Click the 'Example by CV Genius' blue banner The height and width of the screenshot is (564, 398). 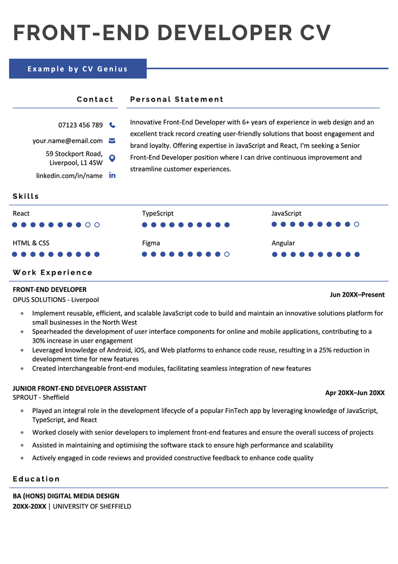click(77, 69)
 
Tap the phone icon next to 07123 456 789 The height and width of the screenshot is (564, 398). click(112, 125)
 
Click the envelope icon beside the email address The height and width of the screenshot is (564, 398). click(112, 141)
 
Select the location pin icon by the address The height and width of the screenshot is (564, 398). click(112, 158)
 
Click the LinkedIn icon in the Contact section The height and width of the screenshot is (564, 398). click(112, 175)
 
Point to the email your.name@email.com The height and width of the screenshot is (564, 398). click(67, 141)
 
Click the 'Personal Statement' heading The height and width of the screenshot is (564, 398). click(177, 99)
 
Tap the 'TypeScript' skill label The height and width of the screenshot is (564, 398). click(158, 213)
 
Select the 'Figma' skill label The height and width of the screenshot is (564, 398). click(151, 243)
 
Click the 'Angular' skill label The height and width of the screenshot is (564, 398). click(283, 243)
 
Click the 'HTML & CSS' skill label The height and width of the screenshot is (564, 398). click(31, 243)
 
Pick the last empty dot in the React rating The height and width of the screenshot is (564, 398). click(97, 225)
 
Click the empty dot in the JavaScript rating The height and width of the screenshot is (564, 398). click(357, 224)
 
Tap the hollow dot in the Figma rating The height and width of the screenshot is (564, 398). click(227, 254)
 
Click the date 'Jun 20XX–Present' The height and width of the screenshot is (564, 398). click(357, 294)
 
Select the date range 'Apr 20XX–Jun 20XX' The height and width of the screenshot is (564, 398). click(354, 393)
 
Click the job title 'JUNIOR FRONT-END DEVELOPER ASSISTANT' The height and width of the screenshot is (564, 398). click(80, 389)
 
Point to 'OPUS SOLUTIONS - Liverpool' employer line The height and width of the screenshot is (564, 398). click(56, 299)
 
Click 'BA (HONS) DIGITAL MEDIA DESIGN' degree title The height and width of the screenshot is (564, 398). click(66, 496)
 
